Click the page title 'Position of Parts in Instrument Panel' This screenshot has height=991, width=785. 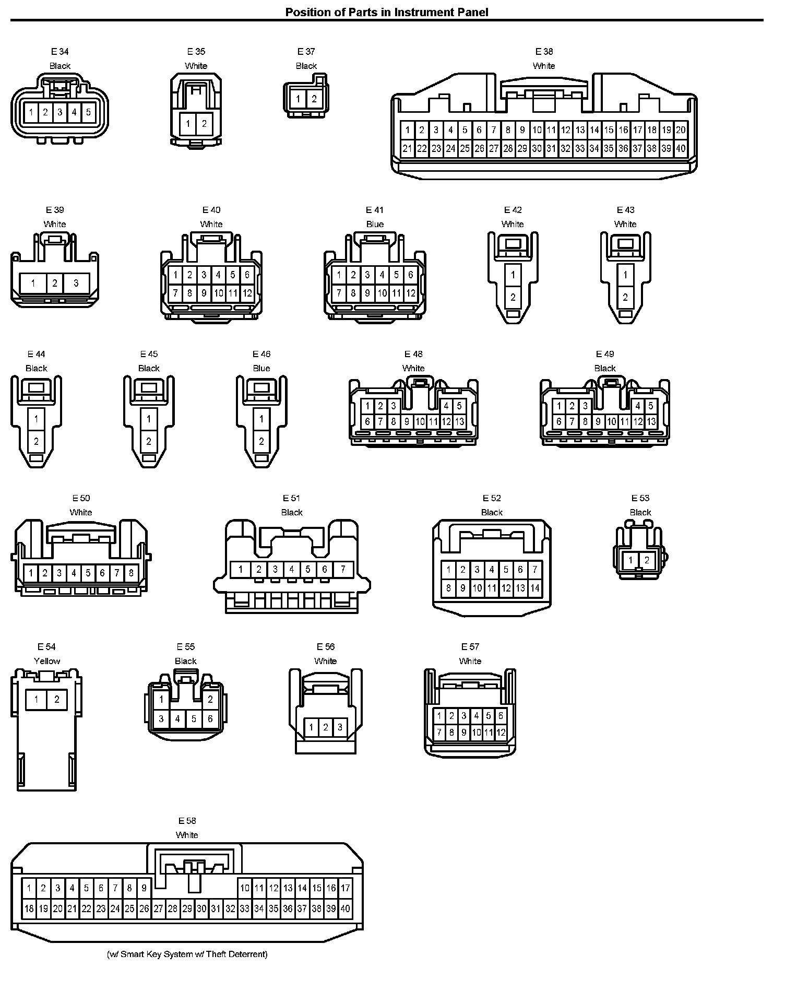(386, 12)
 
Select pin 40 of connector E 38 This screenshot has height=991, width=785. (680, 148)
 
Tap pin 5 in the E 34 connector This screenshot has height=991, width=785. (88, 112)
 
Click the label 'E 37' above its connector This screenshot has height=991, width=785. (306, 51)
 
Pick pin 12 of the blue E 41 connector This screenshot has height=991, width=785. (410, 293)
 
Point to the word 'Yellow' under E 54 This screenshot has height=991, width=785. (47, 661)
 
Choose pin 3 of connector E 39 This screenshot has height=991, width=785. (76, 283)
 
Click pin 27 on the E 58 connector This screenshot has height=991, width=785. (158, 909)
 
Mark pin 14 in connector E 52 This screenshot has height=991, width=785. (534, 588)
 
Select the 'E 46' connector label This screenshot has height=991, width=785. (261, 354)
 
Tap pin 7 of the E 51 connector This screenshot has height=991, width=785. (342, 569)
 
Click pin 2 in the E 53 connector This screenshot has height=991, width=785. (647, 560)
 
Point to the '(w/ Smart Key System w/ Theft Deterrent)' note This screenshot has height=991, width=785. (187, 954)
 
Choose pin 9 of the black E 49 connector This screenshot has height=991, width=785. (598, 421)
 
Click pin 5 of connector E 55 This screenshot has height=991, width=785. (194, 719)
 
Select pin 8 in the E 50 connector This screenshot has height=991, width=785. (131, 573)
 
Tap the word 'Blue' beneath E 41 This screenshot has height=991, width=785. (375, 224)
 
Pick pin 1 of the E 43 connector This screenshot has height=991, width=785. (625, 275)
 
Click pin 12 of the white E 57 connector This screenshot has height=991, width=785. (501, 733)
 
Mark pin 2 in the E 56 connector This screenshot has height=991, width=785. (325, 727)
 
